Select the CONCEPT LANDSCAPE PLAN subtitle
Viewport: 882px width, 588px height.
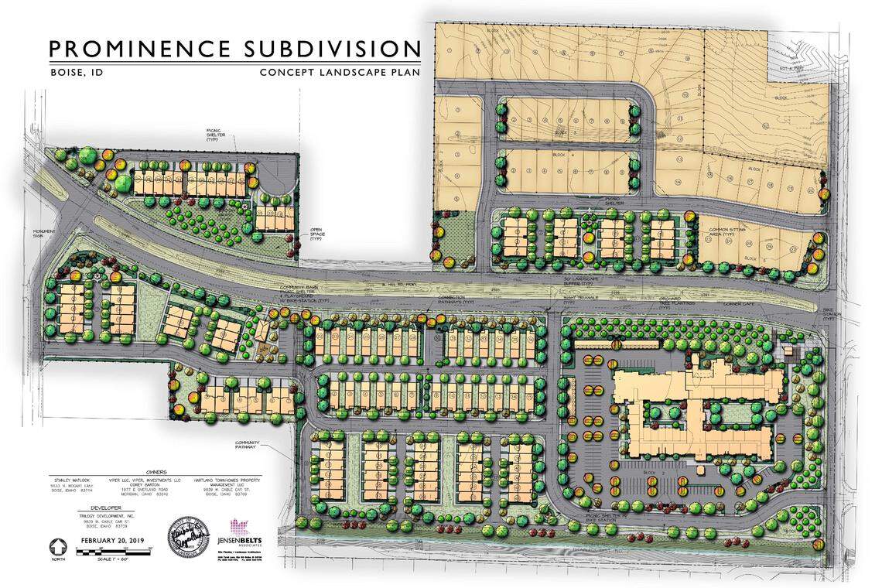pos(340,72)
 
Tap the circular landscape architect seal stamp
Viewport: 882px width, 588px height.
pos(187,533)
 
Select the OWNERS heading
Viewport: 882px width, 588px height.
pos(157,471)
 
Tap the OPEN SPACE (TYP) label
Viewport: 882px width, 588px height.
pos(316,234)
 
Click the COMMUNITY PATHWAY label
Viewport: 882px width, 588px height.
pos(255,446)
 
